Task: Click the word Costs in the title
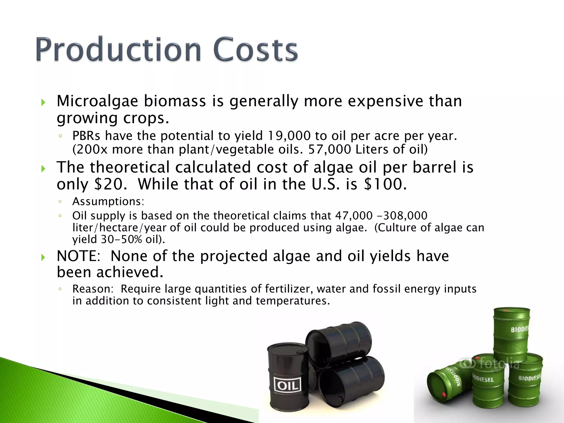pos(255,50)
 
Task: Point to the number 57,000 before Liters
pos(330,150)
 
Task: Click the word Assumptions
pos(108,202)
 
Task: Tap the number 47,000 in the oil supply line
pos(354,216)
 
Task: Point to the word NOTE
pos(78,256)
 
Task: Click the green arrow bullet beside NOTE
pos(43,257)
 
